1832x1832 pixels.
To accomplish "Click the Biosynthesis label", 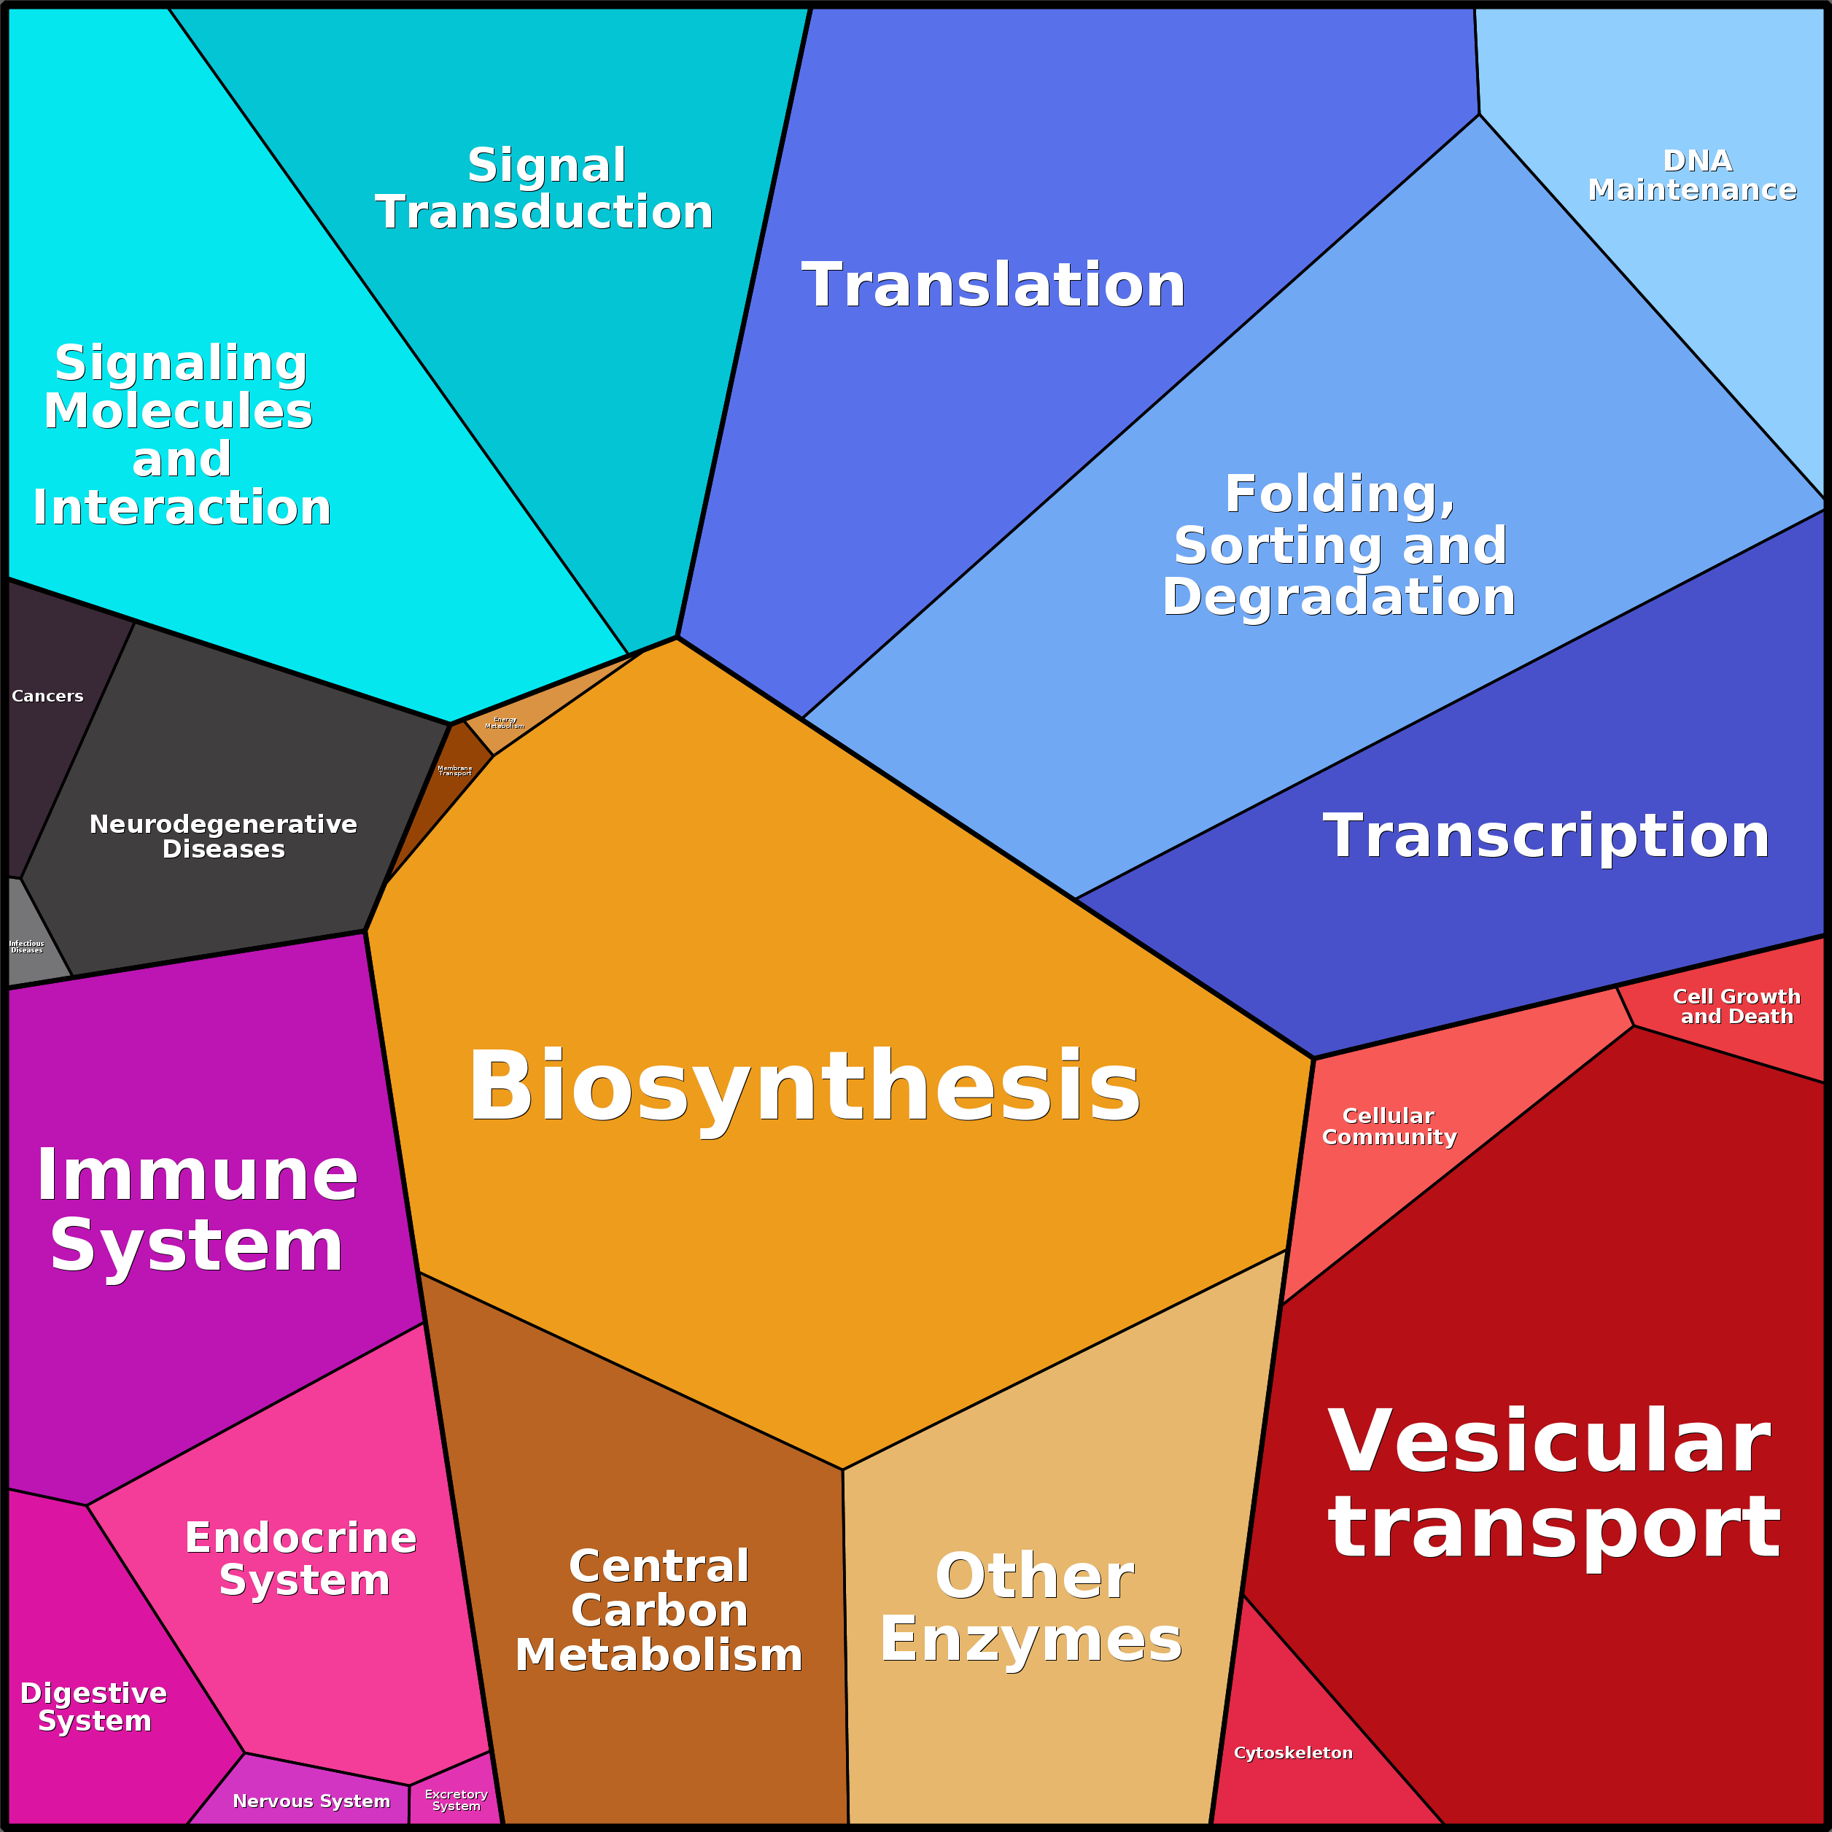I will (804, 1087).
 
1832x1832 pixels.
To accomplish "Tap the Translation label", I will (994, 285).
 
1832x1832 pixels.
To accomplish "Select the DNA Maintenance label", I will (1693, 176).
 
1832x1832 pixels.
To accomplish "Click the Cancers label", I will (47, 696).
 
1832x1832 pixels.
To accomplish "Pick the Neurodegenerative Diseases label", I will (223, 837).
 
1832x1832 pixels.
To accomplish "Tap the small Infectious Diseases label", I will (26, 947).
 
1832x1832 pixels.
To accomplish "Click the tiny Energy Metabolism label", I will (505, 723).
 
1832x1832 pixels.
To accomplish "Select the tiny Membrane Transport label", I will (454, 771).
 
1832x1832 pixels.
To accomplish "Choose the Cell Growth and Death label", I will (1736, 1006).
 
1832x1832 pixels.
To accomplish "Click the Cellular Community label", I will (1389, 1127).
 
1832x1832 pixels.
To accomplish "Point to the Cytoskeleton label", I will (1293, 1753).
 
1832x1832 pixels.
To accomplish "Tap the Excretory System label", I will (456, 1800).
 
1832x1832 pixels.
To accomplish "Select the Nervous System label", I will (311, 1801).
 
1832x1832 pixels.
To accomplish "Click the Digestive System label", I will (94, 1707).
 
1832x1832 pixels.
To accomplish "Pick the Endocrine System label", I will (301, 1559).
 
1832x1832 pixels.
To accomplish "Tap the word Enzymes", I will (1030, 1639).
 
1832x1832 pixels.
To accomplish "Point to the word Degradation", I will (1339, 597).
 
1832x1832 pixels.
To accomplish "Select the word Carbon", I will (659, 1611).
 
